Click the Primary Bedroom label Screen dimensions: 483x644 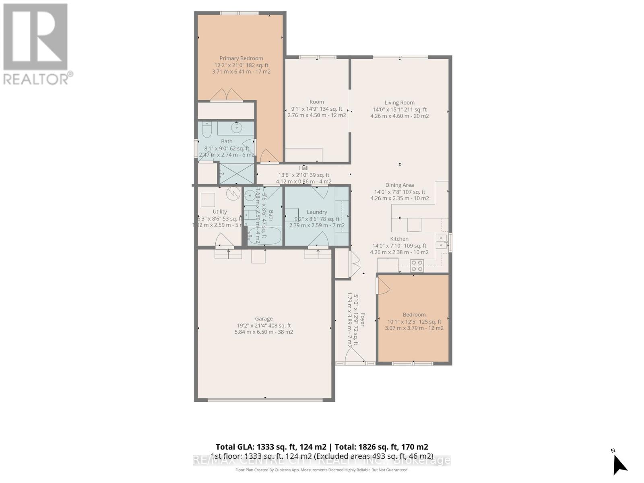click(241, 59)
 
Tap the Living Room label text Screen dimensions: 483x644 click(399, 103)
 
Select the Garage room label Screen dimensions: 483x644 click(264, 319)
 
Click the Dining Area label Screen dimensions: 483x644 click(399, 185)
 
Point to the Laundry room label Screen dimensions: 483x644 click(317, 212)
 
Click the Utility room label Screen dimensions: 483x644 click(220, 212)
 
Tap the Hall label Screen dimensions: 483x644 click(303, 168)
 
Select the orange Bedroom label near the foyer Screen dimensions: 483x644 click(414, 315)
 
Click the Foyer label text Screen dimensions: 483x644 click(362, 320)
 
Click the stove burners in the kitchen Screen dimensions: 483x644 click(417, 265)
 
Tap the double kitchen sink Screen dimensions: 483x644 click(442, 242)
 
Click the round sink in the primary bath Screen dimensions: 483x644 click(237, 128)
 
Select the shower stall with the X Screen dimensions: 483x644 click(237, 173)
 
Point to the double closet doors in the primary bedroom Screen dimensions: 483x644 click(227, 95)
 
